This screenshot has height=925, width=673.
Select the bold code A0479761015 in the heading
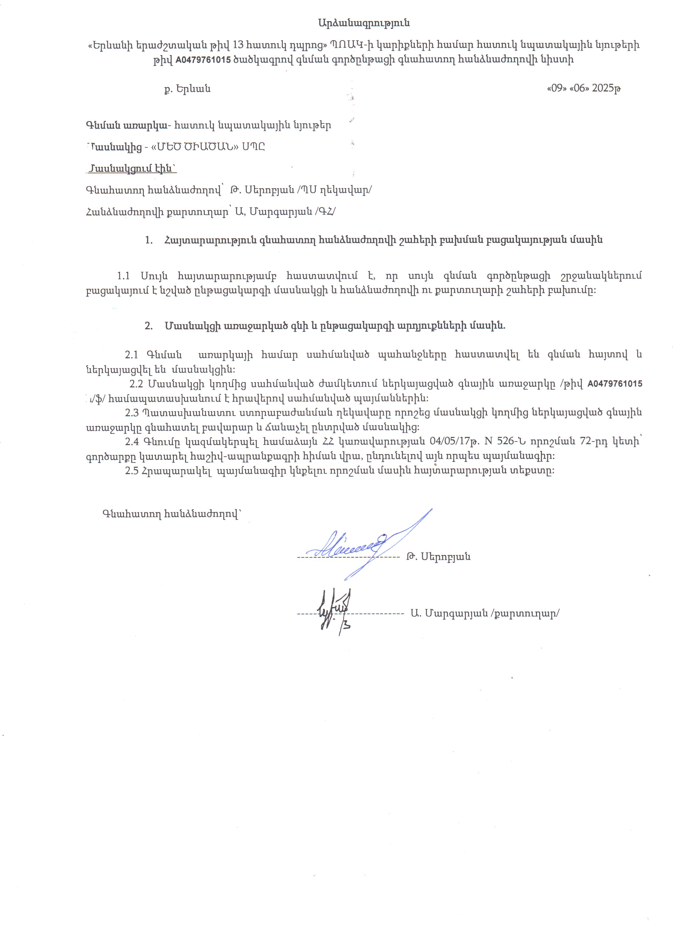pyautogui.click(x=203, y=60)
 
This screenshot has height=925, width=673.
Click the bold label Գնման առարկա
pyautogui.click(x=126, y=125)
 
